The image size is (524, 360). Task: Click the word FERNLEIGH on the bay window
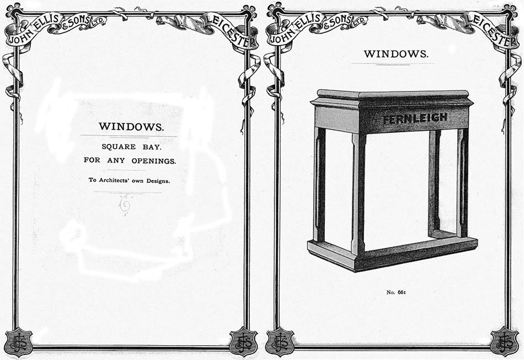[415, 118]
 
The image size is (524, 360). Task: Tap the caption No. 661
[396, 292]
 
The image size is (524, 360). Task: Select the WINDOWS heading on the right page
[396, 54]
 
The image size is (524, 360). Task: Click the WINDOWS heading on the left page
[131, 127]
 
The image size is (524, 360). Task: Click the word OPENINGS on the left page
[153, 161]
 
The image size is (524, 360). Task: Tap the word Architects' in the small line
[115, 180]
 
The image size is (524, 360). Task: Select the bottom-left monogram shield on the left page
[19, 342]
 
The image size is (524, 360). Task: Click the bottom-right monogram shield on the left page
[244, 342]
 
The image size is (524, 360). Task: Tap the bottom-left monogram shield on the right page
[280, 342]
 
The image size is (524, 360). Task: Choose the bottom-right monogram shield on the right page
[504, 342]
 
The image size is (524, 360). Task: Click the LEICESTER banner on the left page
[231, 31]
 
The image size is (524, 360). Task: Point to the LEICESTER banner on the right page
[491, 31]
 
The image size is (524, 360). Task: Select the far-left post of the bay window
[319, 184]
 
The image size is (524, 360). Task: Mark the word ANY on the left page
[116, 160]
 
